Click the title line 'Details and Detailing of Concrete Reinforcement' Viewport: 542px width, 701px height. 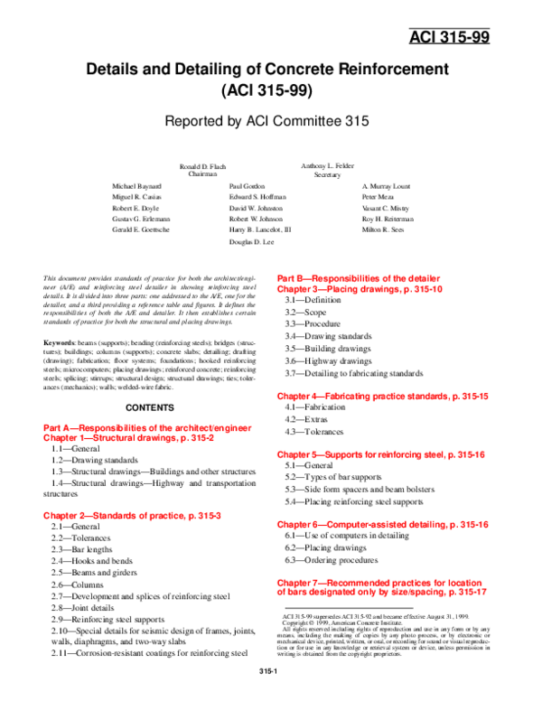(x=266, y=70)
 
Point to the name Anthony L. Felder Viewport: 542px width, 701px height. (x=327, y=168)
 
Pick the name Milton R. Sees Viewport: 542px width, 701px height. (x=384, y=230)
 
